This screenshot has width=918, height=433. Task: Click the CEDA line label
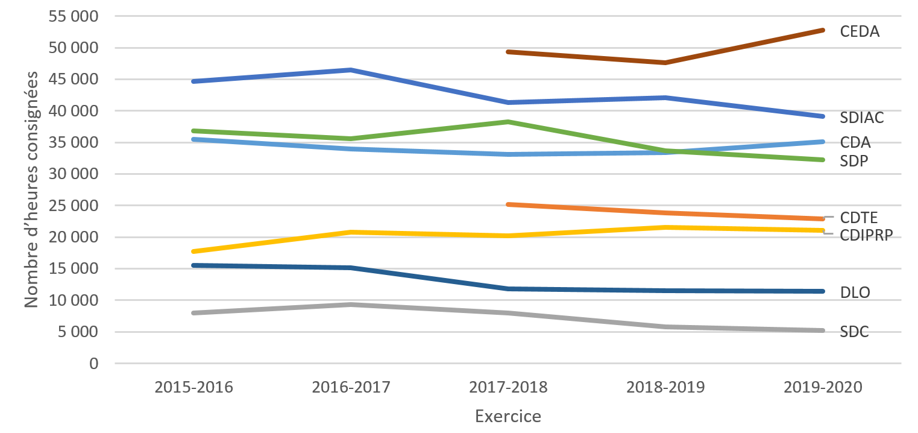click(860, 31)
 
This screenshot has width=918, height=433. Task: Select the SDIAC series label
click(862, 118)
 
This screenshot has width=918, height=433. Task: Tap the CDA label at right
click(855, 143)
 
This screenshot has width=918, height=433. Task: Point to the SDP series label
click(854, 161)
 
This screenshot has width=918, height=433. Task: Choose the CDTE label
click(859, 217)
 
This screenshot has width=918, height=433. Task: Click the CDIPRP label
click(866, 235)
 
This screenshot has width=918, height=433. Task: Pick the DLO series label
click(855, 292)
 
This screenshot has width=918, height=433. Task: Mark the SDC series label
click(854, 332)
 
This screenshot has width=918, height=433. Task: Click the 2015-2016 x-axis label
click(193, 387)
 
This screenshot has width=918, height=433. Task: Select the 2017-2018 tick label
click(508, 387)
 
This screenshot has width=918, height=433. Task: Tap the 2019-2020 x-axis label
click(823, 387)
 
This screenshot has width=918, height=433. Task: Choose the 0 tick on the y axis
click(92, 364)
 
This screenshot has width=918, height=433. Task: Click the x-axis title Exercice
click(508, 417)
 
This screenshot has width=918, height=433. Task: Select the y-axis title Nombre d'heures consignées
click(31, 189)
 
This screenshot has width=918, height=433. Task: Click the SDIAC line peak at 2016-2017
click(351, 70)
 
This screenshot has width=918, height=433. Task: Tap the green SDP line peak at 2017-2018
click(508, 122)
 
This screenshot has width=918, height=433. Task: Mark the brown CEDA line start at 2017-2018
click(508, 52)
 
